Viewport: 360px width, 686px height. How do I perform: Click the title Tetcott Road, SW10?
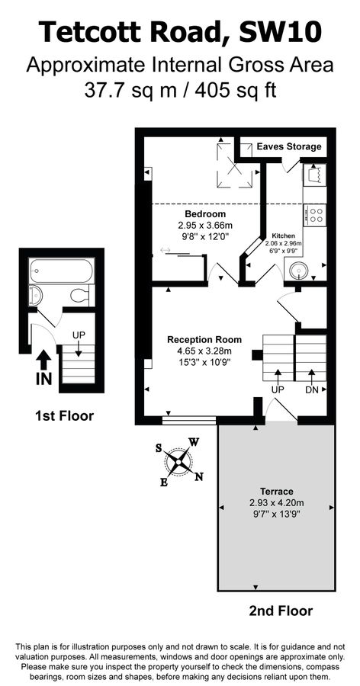180,32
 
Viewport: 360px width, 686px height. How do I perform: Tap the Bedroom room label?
205,214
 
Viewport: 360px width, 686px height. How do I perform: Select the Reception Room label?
204,339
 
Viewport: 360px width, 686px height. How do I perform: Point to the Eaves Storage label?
288,146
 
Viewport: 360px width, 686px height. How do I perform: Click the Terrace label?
275,492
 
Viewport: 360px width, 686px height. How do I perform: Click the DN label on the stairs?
311,389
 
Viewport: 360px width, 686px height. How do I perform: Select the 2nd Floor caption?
280,611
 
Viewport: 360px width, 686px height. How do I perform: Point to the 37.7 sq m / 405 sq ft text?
180,89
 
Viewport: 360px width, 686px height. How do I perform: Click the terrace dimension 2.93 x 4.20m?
275,503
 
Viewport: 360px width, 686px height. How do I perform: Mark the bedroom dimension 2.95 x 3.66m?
205,226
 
